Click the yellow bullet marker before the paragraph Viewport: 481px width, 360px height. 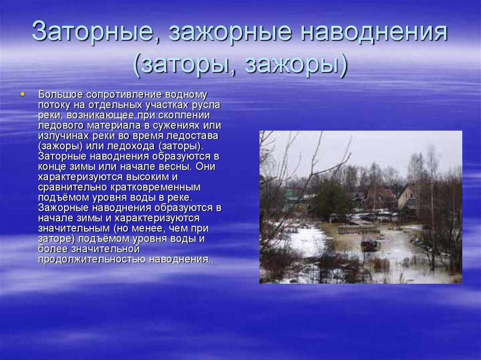point(23,94)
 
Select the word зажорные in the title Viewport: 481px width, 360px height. point(230,32)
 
